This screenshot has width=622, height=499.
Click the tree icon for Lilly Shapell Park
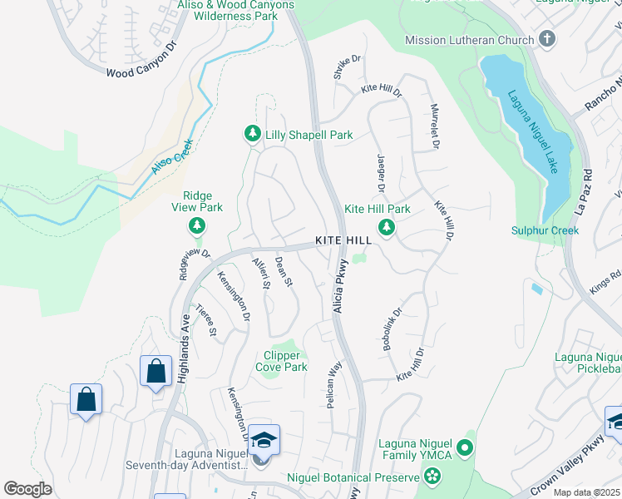pyautogui.click(x=252, y=134)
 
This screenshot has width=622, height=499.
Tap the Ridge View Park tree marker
pyautogui.click(x=197, y=225)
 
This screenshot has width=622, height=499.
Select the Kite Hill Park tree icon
pyautogui.click(x=386, y=226)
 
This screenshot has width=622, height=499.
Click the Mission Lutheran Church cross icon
pyautogui.click(x=546, y=39)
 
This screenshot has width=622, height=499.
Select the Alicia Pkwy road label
pyautogui.click(x=339, y=288)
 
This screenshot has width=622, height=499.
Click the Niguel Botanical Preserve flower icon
pyautogui.click(x=432, y=477)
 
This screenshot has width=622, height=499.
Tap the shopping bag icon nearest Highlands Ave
pyautogui.click(x=155, y=371)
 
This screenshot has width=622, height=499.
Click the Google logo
pyautogui.click(x=28, y=489)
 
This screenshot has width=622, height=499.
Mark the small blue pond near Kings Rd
pyautogui.click(x=536, y=289)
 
